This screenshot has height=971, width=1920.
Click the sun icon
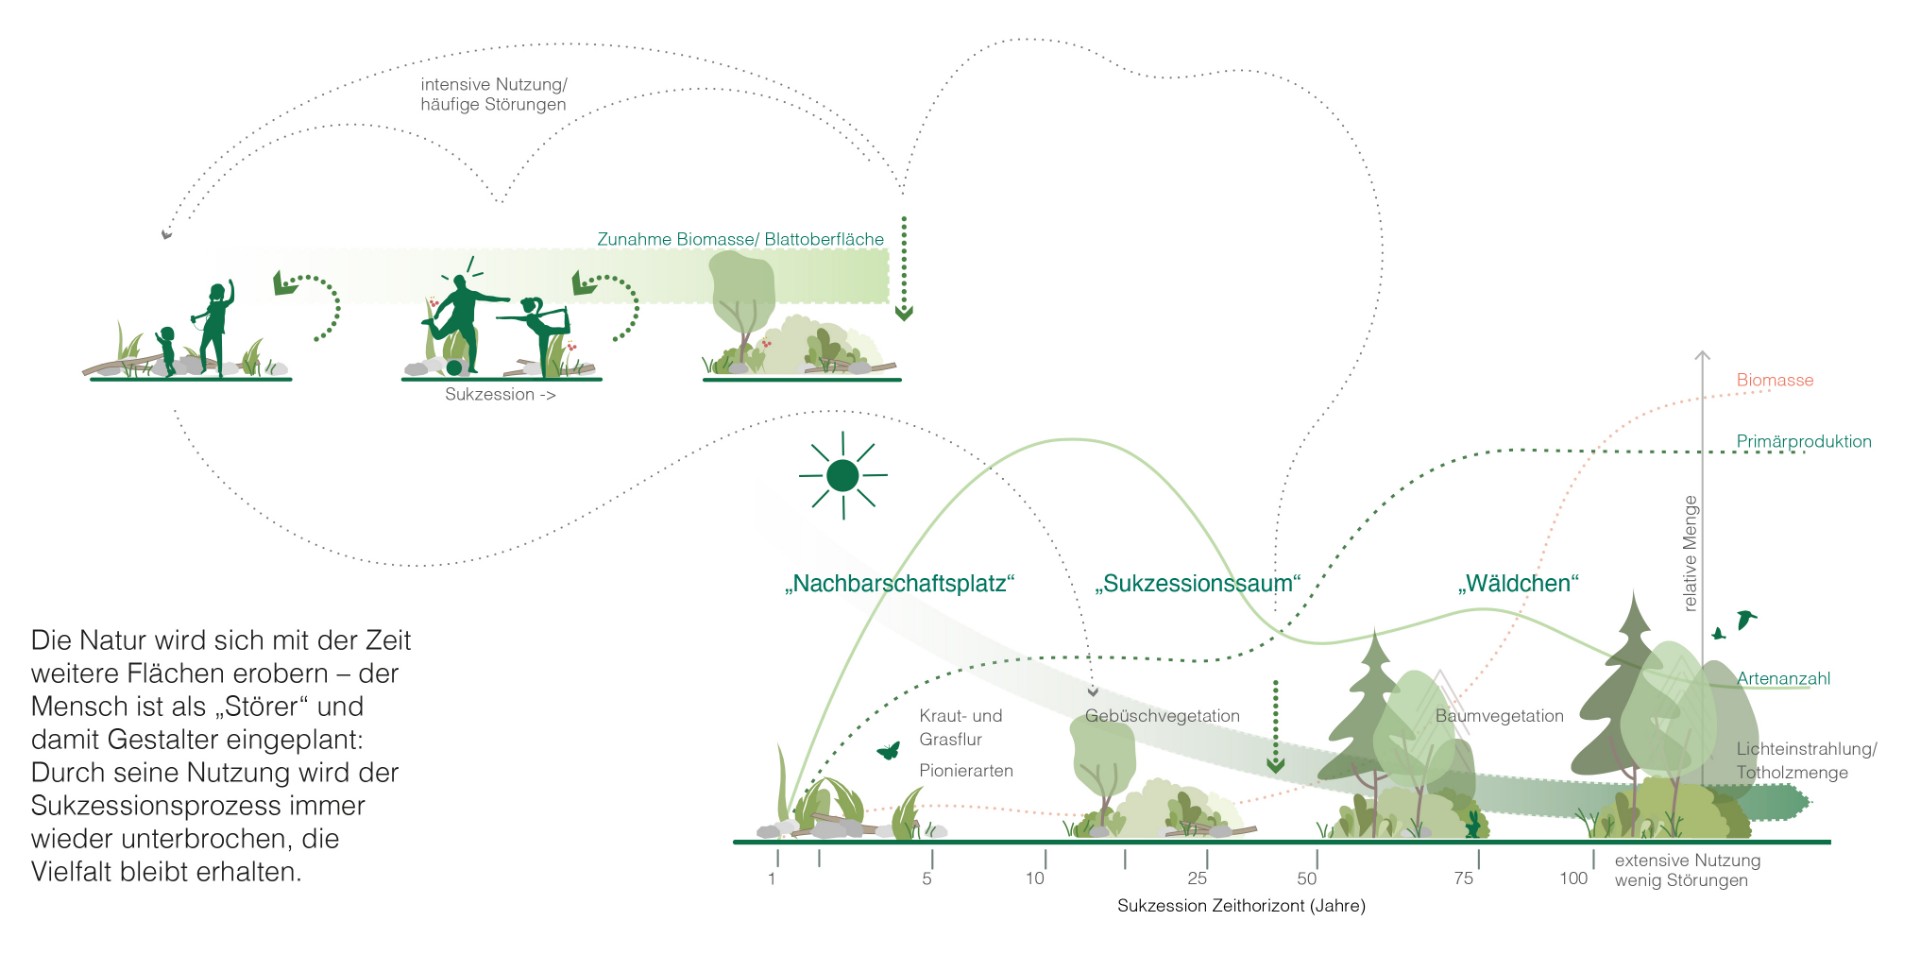[843, 476]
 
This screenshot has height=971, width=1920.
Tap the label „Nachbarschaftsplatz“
[899, 584]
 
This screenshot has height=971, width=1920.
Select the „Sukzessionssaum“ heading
[1197, 584]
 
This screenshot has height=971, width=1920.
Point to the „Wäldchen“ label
[1518, 584]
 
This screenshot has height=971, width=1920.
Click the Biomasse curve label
[1775, 380]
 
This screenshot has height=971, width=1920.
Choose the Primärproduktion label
[1804, 442]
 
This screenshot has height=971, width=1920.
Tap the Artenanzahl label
[1783, 679]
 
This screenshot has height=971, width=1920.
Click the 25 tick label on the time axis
[1197, 878]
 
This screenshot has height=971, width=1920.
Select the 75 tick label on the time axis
[1463, 878]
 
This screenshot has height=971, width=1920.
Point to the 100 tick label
[1573, 878]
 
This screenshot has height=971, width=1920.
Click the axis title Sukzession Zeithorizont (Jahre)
[1241, 906]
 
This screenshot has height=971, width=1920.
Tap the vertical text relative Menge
[1690, 554]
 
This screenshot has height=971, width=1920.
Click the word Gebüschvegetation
[1162, 716]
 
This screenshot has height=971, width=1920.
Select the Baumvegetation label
[1499, 716]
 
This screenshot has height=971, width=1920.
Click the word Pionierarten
[966, 771]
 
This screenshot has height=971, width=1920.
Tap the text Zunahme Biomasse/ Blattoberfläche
[740, 240]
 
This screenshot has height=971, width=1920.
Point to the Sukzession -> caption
[500, 395]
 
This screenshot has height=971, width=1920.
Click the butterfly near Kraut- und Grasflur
[888, 750]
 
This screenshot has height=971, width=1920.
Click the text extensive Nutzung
[1687, 861]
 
